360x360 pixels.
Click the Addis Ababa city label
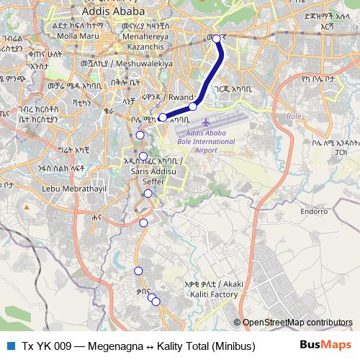click(113, 12)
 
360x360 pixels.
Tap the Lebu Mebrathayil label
click(53, 189)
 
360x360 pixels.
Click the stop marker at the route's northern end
click(217, 39)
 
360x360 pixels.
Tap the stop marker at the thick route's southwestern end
click(163, 117)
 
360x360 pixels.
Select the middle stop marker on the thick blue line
click(193, 107)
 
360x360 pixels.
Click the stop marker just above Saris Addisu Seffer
click(143, 156)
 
